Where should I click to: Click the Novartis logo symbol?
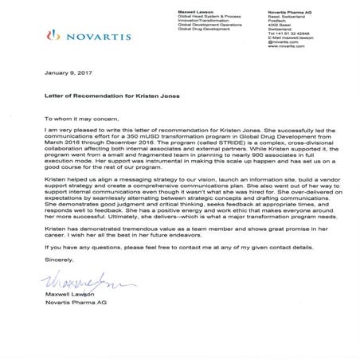[x=54, y=36]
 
